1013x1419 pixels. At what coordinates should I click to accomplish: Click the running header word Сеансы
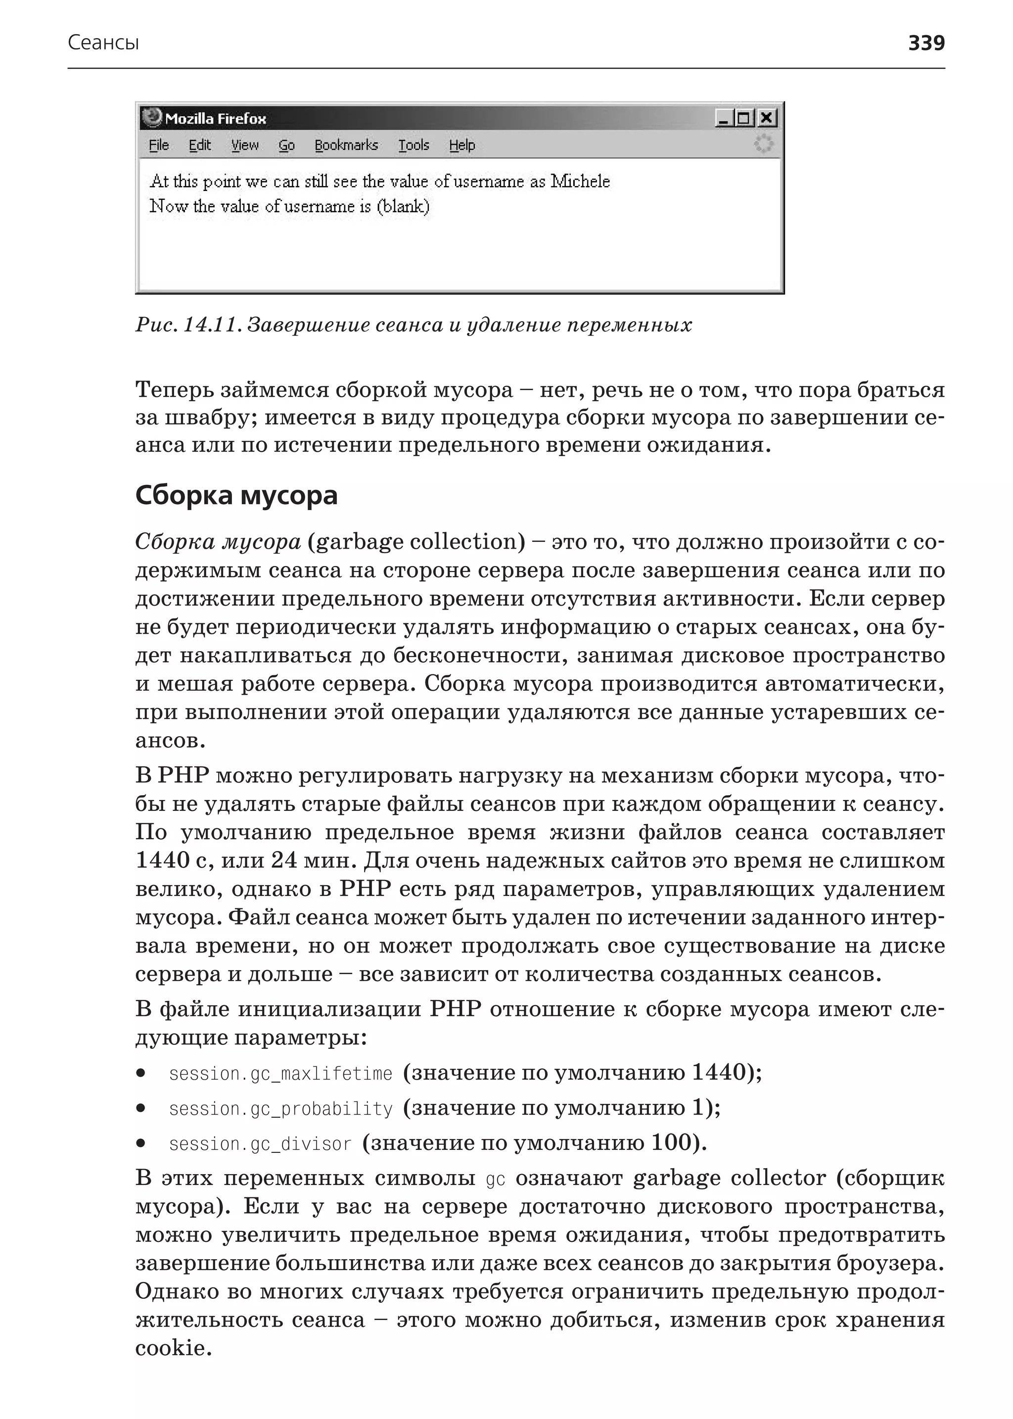point(103,43)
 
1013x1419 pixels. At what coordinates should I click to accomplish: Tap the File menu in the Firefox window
point(158,145)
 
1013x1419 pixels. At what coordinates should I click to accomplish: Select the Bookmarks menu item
point(346,145)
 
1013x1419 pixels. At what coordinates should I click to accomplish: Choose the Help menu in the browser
point(461,145)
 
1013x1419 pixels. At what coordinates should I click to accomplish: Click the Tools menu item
point(414,145)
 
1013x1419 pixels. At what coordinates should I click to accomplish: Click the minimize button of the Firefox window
point(724,118)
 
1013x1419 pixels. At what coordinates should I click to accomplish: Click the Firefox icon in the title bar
point(151,117)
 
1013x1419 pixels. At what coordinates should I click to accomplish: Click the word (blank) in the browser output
point(403,206)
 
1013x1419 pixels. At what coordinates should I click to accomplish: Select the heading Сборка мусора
point(236,495)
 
